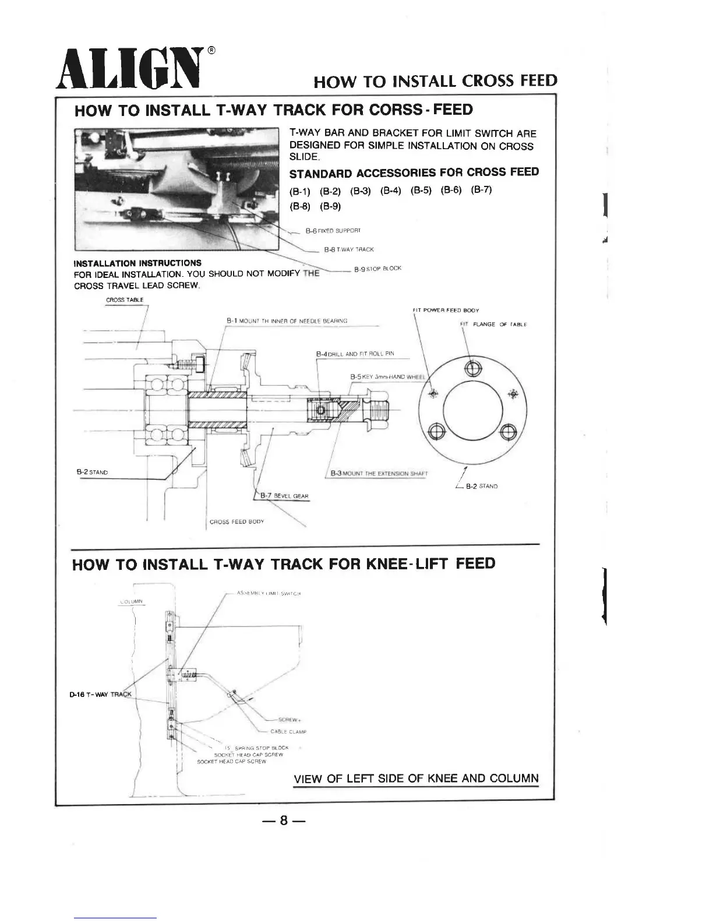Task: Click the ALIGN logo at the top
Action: pyautogui.click(x=128, y=69)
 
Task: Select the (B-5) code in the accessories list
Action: pyautogui.click(x=421, y=191)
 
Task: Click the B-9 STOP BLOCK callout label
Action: pyautogui.click(x=377, y=269)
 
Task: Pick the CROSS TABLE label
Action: pyautogui.click(x=124, y=300)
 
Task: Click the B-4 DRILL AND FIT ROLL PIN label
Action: pyautogui.click(x=355, y=354)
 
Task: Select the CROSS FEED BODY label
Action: pyautogui.click(x=237, y=522)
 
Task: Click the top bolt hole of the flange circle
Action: pyautogui.click(x=472, y=368)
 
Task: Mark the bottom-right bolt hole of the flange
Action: pyautogui.click(x=507, y=431)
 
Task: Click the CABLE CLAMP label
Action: pyautogui.click(x=288, y=731)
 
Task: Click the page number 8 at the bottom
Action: pyautogui.click(x=284, y=820)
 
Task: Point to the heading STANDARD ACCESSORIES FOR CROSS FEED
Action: pyautogui.click(x=414, y=172)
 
